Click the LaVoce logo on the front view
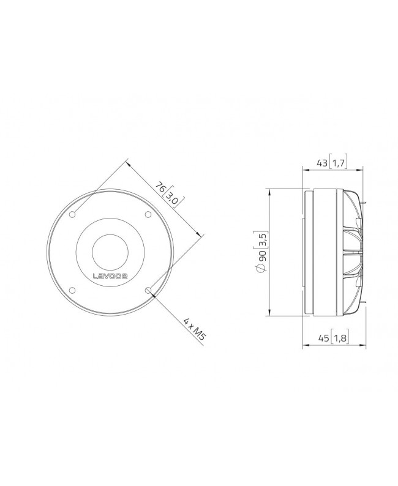coord(110,275)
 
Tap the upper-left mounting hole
coord(73,214)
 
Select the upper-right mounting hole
coord(148,214)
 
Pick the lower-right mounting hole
coord(148,290)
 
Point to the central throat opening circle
coord(110,252)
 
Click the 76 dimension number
coord(160,188)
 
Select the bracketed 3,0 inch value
coord(174,198)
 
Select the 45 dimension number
coord(322,337)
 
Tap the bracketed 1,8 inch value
coord(339,337)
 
